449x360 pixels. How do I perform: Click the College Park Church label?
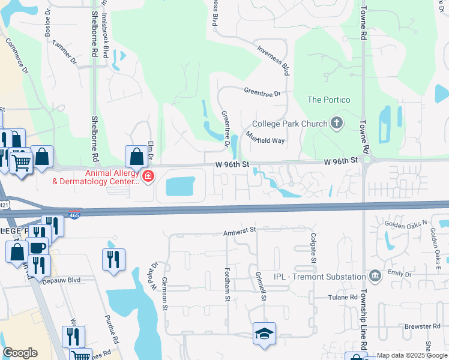(290, 124)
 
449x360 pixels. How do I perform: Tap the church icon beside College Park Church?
(337, 124)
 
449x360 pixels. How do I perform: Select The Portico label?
(328, 100)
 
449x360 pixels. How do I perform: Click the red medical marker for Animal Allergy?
(148, 176)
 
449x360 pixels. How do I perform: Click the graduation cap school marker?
(264, 334)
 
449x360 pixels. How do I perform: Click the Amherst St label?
(240, 229)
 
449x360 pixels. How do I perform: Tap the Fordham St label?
(228, 285)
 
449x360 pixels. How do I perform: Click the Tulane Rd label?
(343, 298)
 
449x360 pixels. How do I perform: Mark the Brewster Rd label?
(423, 326)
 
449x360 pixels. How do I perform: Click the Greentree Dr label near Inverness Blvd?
(262, 93)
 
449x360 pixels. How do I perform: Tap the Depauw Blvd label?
(61, 280)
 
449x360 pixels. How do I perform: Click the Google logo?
(20, 353)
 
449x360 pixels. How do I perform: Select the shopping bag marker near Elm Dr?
(137, 157)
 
